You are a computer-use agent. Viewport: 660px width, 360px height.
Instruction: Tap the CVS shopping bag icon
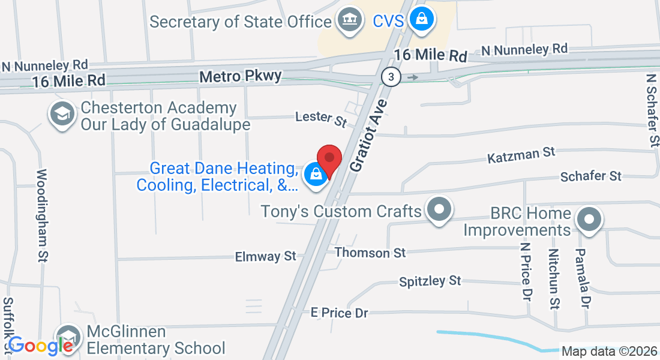422,19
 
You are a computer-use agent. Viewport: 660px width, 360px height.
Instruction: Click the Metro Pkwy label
240,77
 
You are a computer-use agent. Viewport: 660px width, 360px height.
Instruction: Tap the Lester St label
322,118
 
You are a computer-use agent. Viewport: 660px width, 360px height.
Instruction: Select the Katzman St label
521,155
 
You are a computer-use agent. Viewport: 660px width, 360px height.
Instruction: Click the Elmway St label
266,256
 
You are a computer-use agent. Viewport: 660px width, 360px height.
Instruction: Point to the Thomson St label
370,253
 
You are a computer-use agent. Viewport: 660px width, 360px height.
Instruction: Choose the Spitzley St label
430,281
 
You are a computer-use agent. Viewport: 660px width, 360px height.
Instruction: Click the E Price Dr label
339,313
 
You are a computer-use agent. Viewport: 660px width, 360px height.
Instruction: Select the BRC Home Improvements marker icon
588,219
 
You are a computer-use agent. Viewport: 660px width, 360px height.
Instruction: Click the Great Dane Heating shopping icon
315,175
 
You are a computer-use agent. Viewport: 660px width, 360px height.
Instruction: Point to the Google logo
40,346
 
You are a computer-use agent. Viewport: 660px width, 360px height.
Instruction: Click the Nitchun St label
554,278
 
